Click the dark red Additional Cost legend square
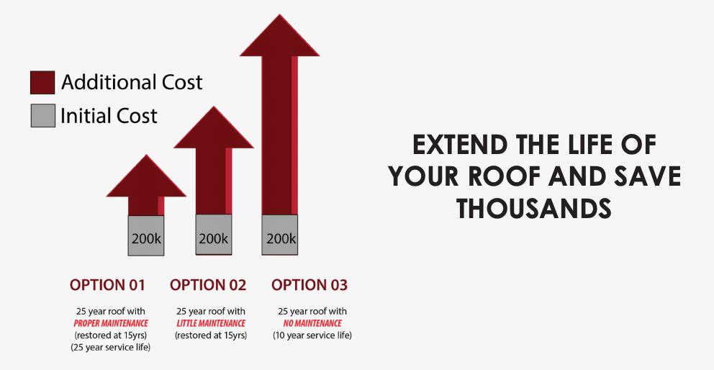[x=42, y=83]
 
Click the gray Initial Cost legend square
[x=42, y=115]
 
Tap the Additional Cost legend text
[x=132, y=83]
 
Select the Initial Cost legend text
[x=109, y=116]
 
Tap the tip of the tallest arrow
[x=279, y=14]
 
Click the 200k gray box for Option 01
[x=145, y=235]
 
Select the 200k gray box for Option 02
[x=214, y=235]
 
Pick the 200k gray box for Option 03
[x=279, y=235]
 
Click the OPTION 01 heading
[x=107, y=285]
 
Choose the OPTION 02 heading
[x=208, y=285]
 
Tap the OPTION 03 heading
[x=309, y=285]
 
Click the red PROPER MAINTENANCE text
[x=111, y=323]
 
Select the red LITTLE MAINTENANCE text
[x=211, y=323]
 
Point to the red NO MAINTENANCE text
[x=312, y=323]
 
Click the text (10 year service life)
[x=312, y=335]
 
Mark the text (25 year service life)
[x=111, y=347]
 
